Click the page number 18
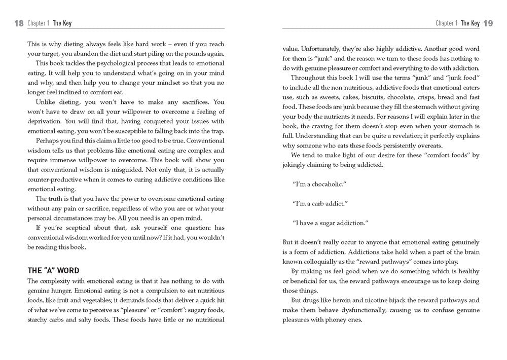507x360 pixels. tap(19, 23)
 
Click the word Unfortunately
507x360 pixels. tap(322, 49)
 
